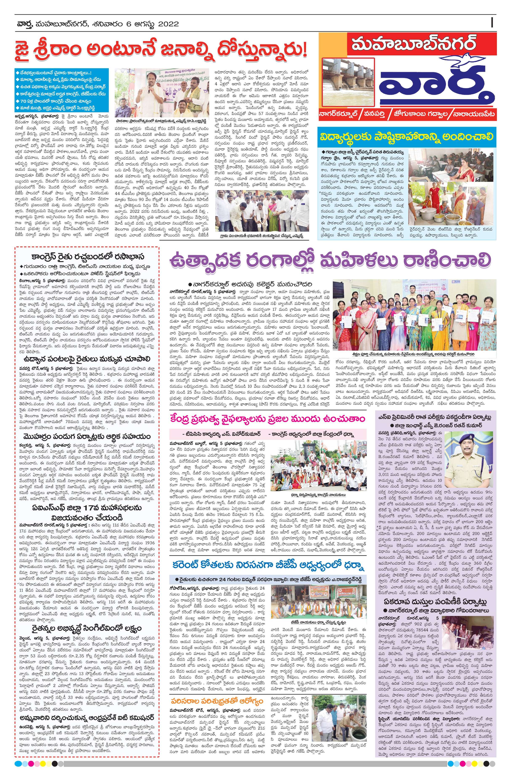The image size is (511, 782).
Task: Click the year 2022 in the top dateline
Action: tap(167, 24)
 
